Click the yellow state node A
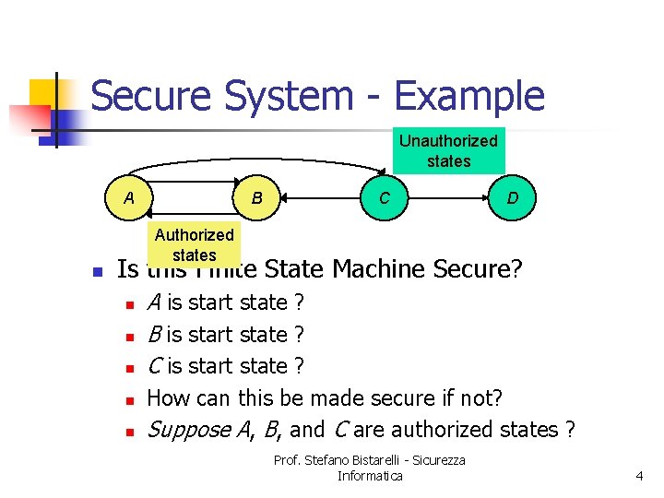(x=129, y=198)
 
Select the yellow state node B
(x=257, y=198)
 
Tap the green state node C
(x=385, y=198)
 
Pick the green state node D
(x=512, y=198)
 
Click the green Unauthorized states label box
(x=448, y=150)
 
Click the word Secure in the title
(x=152, y=96)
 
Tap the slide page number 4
(x=638, y=476)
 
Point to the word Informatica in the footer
(x=370, y=476)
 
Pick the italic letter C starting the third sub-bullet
(x=154, y=366)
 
